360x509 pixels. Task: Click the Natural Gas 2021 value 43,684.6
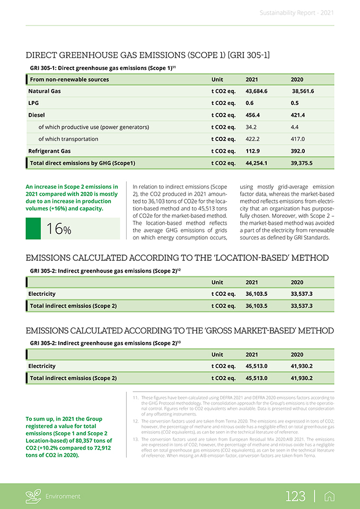click(x=257, y=91)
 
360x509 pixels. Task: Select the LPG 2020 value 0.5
click(x=295, y=103)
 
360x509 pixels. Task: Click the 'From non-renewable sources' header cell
click(x=69, y=80)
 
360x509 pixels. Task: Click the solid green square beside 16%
click(x=33, y=229)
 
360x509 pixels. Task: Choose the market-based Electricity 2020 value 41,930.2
click(x=302, y=366)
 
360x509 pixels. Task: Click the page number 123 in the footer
click(x=295, y=496)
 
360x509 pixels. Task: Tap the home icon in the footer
click(x=329, y=496)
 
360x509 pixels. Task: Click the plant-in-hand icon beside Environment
click(x=33, y=496)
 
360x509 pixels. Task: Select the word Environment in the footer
click(x=63, y=497)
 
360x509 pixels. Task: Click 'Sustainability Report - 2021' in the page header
click(x=296, y=13)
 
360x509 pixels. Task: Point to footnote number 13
click(x=136, y=440)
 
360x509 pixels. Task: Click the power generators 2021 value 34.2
click(x=252, y=127)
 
